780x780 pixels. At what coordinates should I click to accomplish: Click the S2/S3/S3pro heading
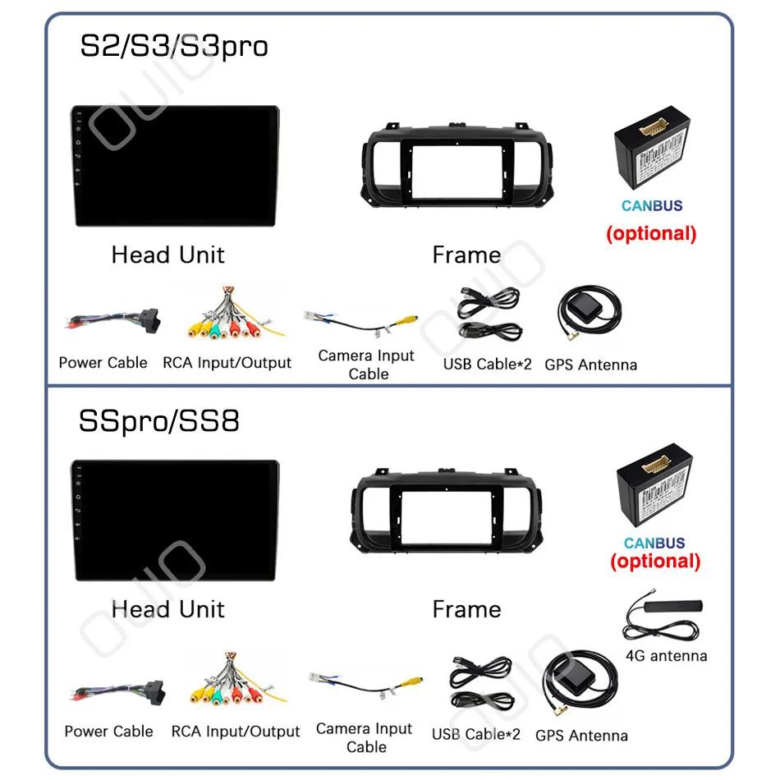(x=173, y=45)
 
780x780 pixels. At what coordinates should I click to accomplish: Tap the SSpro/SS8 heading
(x=159, y=421)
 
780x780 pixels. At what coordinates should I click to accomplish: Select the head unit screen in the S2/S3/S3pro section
(x=174, y=167)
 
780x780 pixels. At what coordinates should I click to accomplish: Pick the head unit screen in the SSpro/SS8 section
(x=174, y=522)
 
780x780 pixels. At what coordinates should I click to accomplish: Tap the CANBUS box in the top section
(x=652, y=155)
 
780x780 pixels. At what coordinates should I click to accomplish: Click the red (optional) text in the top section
(x=651, y=233)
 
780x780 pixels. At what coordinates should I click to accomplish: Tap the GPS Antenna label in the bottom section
(x=581, y=736)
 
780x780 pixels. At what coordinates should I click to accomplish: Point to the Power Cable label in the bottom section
(x=108, y=731)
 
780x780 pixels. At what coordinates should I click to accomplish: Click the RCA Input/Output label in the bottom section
(x=236, y=731)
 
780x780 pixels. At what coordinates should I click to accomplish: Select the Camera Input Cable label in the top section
(x=366, y=365)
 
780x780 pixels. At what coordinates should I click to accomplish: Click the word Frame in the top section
(x=466, y=255)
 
